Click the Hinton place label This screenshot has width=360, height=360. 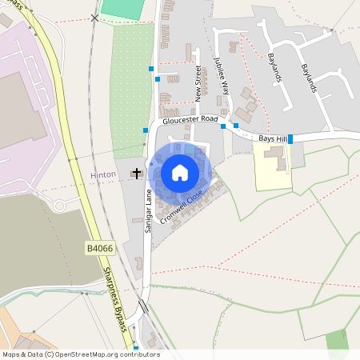[104, 174]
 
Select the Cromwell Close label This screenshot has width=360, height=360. [182, 206]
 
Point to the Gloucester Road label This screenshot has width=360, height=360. [190, 119]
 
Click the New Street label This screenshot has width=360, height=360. [199, 84]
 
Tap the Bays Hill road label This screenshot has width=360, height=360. [271, 138]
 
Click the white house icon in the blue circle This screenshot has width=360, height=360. [180, 173]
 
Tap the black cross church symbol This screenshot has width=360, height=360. [137, 173]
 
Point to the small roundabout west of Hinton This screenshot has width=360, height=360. [60, 206]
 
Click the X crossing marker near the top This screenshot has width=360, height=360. [96, 18]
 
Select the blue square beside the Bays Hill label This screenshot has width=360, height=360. [290, 139]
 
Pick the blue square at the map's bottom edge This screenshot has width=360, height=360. [136, 349]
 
